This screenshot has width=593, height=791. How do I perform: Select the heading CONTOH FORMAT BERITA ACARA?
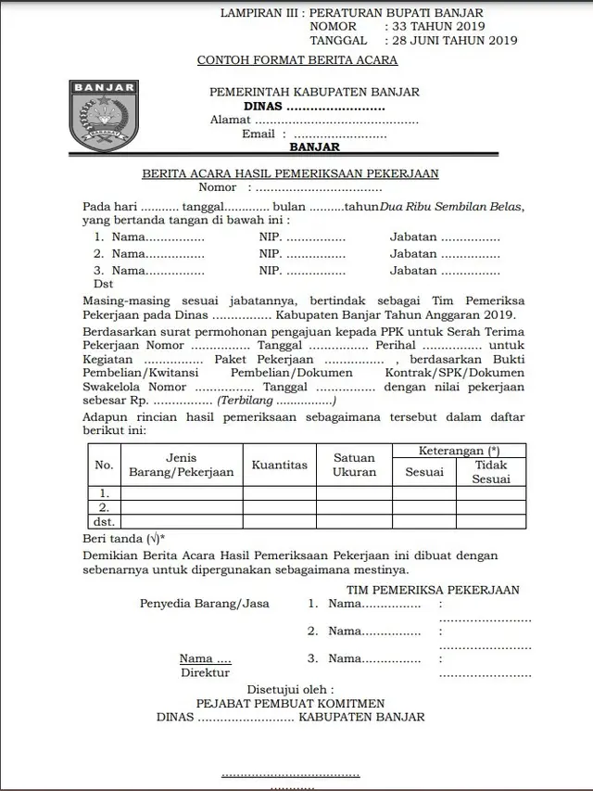297,60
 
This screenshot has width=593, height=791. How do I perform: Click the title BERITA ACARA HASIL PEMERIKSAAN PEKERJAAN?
290,173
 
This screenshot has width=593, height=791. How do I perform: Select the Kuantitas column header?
279,465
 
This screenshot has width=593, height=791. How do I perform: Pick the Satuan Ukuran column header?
354,465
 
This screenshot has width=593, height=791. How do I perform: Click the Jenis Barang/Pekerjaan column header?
182,465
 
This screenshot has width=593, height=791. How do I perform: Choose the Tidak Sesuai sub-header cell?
491,472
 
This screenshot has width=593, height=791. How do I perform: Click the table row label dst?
105,522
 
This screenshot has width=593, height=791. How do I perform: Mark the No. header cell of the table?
105,465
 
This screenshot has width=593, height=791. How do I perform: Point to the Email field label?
258,134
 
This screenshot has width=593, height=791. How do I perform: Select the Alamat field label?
230,121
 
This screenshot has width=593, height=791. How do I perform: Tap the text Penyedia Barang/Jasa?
205,603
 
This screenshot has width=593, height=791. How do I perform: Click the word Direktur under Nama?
205,673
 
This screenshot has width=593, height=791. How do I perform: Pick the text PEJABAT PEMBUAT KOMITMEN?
290,704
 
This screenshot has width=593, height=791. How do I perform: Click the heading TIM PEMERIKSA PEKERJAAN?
433,590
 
